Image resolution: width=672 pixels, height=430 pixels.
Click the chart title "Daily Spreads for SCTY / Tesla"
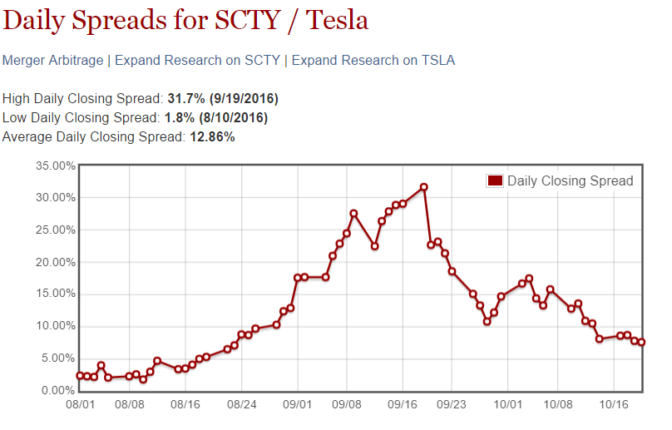pos(185,20)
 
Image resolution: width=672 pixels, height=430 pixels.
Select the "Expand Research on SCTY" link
pos(199,61)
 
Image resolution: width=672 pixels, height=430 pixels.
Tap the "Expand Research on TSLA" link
pos(373,61)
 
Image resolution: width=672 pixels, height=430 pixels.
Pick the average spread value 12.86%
pos(210,137)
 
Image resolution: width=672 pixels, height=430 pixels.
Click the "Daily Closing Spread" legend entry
pos(570,181)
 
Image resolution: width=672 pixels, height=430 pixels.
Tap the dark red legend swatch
pos(495,181)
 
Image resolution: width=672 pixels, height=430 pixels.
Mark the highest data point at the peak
pos(423,187)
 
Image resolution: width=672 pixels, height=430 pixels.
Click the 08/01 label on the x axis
pos(80,407)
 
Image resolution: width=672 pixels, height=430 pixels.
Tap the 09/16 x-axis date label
pos(403,407)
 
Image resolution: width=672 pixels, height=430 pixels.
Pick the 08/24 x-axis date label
pos(241,407)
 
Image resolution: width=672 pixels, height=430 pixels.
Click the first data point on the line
pos(80,376)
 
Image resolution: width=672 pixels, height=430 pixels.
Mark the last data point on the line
pos(641,343)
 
